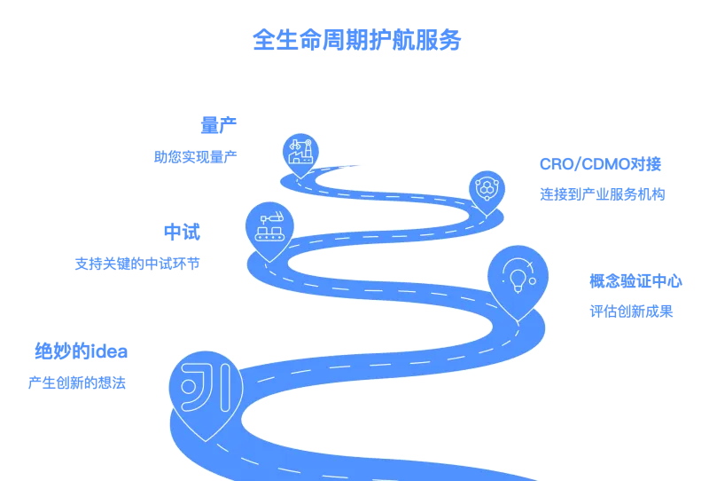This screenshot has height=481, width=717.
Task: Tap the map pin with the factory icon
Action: pyautogui.click(x=299, y=151)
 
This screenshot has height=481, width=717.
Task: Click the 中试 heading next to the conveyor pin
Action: pyautogui.click(x=183, y=232)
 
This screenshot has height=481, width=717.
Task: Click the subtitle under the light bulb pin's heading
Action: pyautogui.click(x=631, y=311)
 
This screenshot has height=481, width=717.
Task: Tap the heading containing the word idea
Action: pyautogui.click(x=80, y=352)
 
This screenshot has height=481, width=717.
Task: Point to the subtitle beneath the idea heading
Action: pyautogui.click(x=75, y=383)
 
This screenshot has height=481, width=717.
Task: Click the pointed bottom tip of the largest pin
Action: pyautogui.click(x=206, y=440)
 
